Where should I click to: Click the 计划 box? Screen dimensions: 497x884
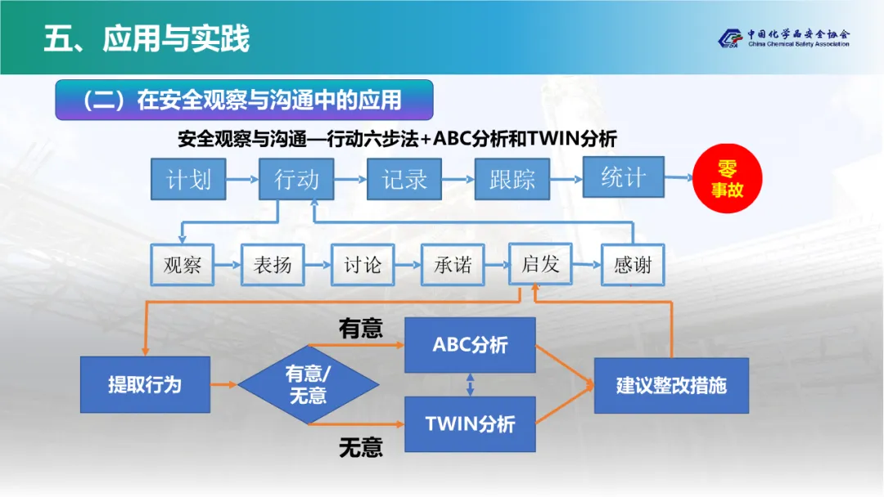pos(188,179)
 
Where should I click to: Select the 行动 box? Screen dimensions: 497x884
pos(296,179)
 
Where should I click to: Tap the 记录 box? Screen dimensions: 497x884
pos(404,179)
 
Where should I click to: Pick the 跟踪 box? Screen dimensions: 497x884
pos(512,179)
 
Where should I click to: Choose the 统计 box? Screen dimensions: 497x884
pos(623,177)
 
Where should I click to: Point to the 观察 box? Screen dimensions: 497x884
pos(182,265)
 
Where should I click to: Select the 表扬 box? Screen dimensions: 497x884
pos(272,265)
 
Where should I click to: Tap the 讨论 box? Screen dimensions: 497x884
pos(362,265)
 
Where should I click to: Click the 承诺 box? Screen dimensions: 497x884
pos(452,265)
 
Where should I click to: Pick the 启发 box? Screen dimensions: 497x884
pos(540,264)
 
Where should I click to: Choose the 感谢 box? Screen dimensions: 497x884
pos(633,265)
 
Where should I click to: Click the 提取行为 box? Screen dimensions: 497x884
pos(145,384)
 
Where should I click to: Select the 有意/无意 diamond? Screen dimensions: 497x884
pos(308,384)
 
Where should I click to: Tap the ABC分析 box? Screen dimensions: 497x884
pos(470,345)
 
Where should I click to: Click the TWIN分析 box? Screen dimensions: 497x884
pos(470,424)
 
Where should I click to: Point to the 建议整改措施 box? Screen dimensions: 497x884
pos(671,385)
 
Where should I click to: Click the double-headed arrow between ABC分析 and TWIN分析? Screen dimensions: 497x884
pos(470,384)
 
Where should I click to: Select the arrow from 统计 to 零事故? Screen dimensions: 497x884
pos(678,177)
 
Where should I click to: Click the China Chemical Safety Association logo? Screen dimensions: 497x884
pos(783,38)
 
